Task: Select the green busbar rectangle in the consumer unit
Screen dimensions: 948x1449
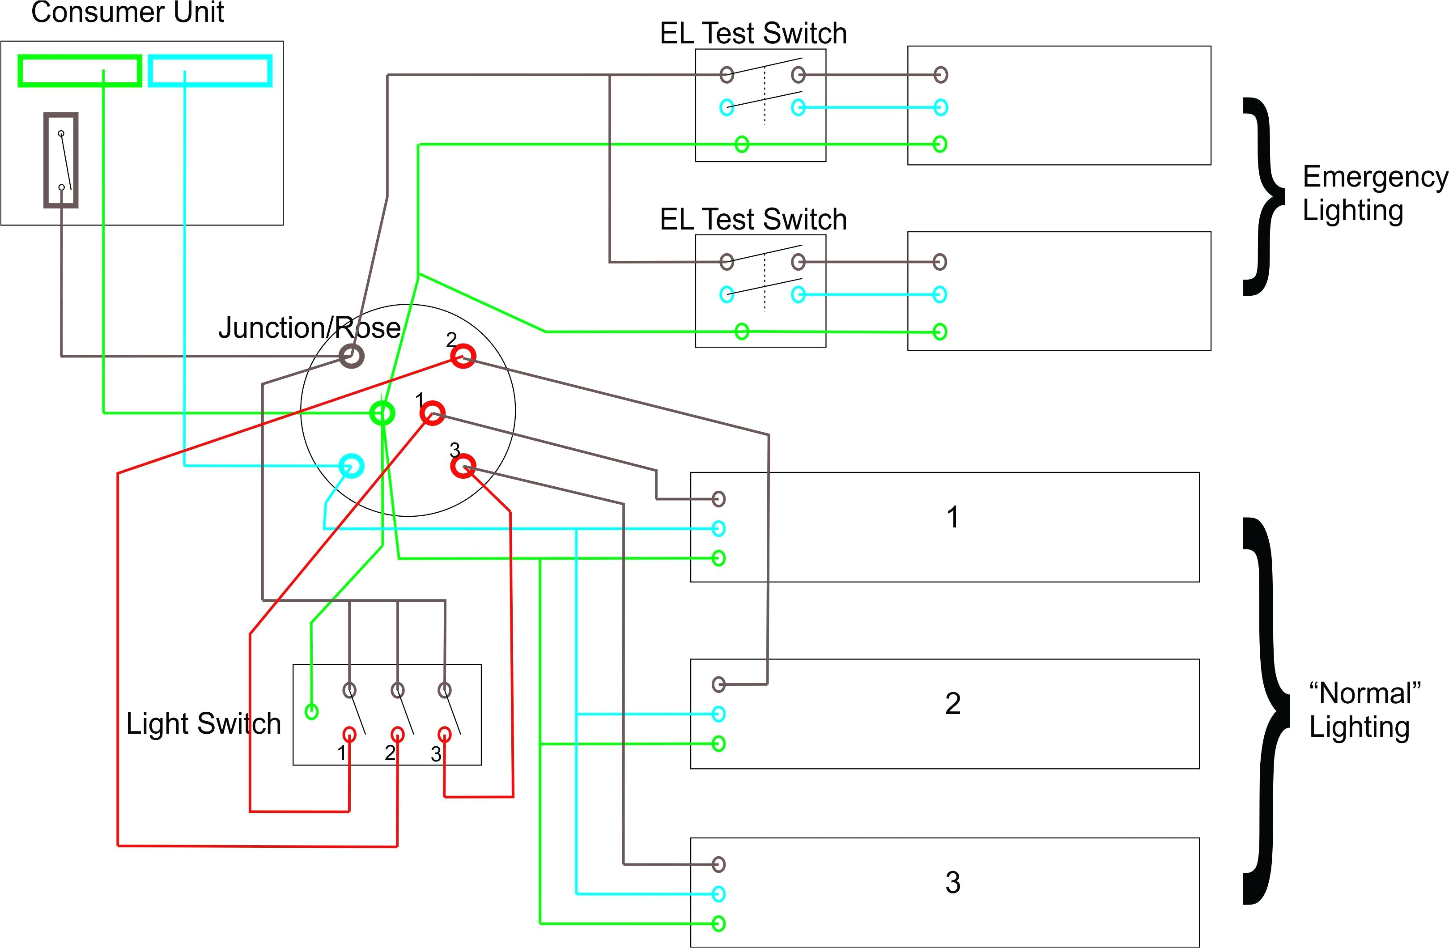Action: point(79,71)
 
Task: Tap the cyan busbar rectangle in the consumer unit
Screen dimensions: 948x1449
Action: point(210,71)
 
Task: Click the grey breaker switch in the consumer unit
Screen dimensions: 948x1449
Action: point(61,160)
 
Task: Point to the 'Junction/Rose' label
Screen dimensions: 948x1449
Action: point(309,327)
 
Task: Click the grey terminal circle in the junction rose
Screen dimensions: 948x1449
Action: point(351,356)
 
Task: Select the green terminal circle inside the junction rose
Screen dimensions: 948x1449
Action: point(382,413)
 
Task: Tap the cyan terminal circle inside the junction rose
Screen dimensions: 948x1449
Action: point(351,466)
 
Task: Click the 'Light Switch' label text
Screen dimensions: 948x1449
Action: point(204,723)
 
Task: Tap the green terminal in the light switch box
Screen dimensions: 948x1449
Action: point(311,711)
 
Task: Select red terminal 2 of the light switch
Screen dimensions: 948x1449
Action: point(397,734)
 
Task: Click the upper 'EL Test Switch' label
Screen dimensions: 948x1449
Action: point(753,34)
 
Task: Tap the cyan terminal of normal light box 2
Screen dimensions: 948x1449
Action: point(718,714)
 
